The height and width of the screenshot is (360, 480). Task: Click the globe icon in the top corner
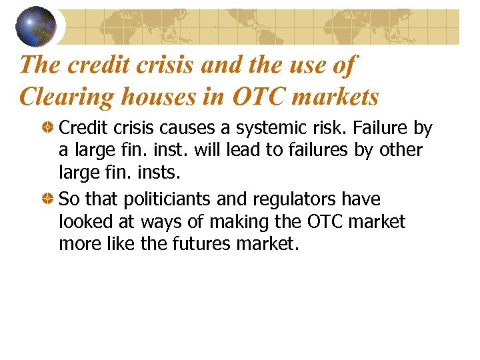tap(35, 25)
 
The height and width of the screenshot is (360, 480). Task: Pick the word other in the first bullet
tap(401, 150)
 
